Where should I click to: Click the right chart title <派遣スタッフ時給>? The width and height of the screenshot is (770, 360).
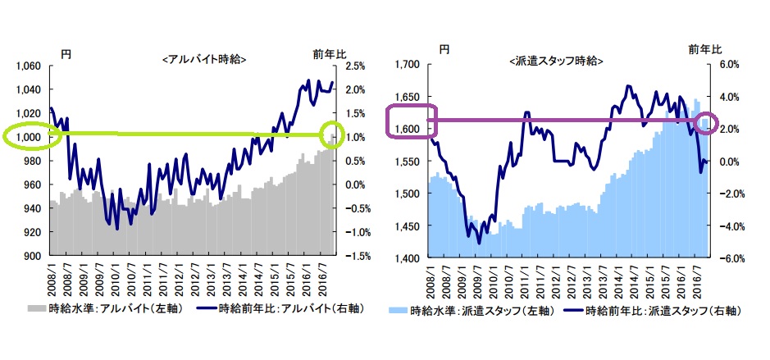tap(557, 61)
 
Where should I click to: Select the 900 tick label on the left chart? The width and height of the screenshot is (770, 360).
tap(33, 256)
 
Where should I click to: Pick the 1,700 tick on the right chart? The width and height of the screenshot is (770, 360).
tap(408, 64)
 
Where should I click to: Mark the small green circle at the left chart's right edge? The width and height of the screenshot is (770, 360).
tap(333, 134)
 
